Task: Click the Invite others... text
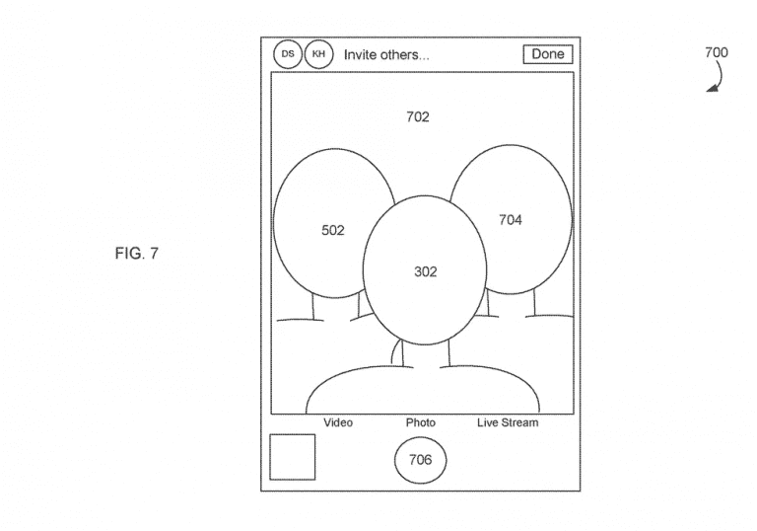pos(386,54)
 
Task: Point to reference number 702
pos(418,116)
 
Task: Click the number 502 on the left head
pos(333,230)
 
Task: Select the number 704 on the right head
pos(511,220)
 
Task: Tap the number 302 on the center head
pos(426,271)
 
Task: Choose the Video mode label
pos(338,422)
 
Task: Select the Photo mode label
pos(421,422)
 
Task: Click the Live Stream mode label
pos(508,422)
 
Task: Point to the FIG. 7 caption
pos(137,254)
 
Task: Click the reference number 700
pos(717,52)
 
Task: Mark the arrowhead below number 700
pos(712,88)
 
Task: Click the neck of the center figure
pos(426,354)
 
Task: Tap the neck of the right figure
pos(511,304)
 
